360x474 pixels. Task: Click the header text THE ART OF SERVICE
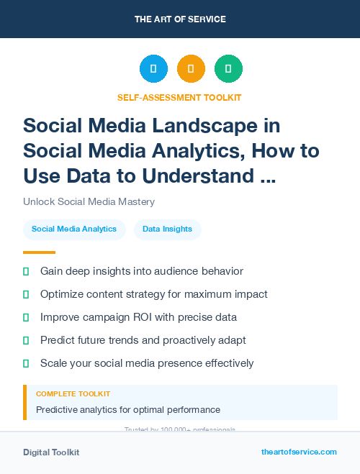click(x=180, y=19)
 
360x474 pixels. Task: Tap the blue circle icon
click(x=153, y=69)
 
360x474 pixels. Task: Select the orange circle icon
click(x=191, y=69)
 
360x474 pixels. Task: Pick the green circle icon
click(x=228, y=69)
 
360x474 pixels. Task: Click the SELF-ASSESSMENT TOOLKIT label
click(x=179, y=97)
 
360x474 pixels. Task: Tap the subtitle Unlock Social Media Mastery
click(x=89, y=201)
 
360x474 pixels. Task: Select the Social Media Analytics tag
click(x=74, y=229)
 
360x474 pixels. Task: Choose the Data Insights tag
click(x=167, y=229)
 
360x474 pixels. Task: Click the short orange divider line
click(x=39, y=252)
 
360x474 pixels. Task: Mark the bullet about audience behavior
click(x=142, y=271)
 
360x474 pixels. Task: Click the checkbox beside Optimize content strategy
click(x=26, y=294)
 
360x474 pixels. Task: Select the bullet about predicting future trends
click(x=143, y=340)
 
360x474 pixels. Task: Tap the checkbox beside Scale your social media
click(x=26, y=363)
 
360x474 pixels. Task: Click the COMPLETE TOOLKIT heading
click(x=73, y=394)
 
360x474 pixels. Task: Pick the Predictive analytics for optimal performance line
click(x=127, y=410)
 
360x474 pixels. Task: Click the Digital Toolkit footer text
click(x=51, y=452)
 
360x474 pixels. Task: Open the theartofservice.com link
click(x=299, y=452)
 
